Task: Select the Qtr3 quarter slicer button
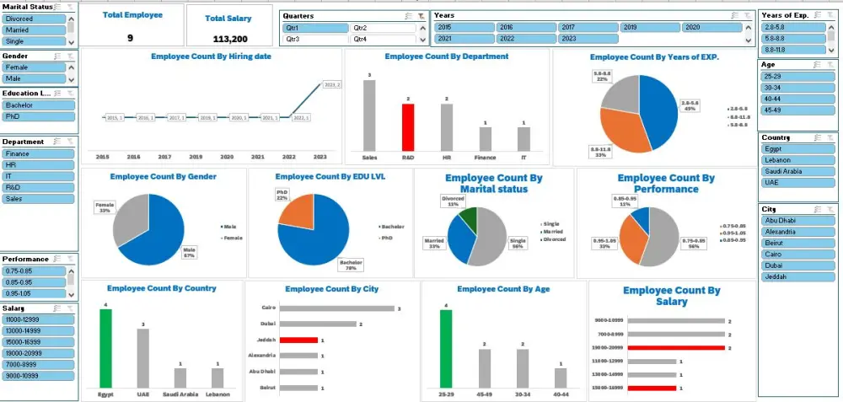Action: click(x=314, y=39)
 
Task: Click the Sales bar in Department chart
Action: click(x=369, y=115)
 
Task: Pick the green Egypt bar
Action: click(x=105, y=346)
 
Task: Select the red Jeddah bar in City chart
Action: click(x=298, y=340)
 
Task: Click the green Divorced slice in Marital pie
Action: click(x=468, y=217)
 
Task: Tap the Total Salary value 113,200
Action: click(x=230, y=39)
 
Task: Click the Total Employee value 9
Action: click(x=130, y=38)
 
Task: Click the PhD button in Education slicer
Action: click(x=38, y=117)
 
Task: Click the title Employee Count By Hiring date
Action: click(x=211, y=56)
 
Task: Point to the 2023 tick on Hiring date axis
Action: click(x=320, y=158)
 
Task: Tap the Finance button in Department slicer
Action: click(x=38, y=154)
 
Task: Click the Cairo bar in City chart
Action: click(x=336, y=308)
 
